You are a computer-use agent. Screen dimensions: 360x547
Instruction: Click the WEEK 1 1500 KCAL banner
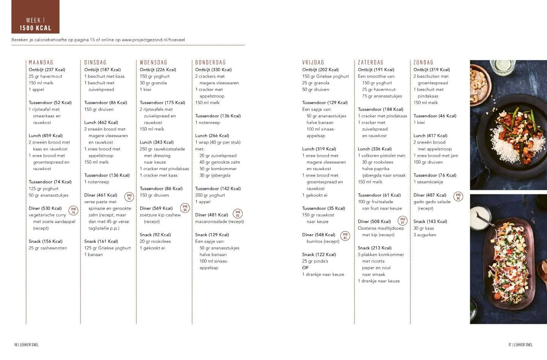point(35,17)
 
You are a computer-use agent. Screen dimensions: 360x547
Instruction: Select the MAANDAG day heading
point(41,63)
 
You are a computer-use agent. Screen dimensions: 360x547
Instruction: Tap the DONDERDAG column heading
point(210,63)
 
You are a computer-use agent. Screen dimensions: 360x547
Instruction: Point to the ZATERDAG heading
point(371,63)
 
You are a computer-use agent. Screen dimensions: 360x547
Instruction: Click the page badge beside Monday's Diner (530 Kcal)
point(73,210)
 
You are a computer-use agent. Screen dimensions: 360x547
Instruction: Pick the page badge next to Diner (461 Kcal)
point(129,197)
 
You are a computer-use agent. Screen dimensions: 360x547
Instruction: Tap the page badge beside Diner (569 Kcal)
point(185,208)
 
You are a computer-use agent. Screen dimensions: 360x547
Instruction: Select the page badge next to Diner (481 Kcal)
point(237,213)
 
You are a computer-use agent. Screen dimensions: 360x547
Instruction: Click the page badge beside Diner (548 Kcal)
point(345,236)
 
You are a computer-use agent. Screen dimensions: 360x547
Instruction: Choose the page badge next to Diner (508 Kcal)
point(402,221)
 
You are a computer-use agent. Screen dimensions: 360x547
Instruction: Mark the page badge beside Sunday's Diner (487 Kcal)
point(458,196)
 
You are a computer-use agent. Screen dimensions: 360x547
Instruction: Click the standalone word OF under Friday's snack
point(305,268)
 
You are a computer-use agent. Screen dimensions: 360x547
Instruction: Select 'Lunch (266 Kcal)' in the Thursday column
point(212,136)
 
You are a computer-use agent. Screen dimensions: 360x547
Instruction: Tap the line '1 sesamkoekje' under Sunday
point(428,182)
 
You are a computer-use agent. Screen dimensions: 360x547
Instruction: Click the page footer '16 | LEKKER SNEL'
point(27,345)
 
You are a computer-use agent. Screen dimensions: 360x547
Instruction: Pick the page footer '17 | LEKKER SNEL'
point(520,345)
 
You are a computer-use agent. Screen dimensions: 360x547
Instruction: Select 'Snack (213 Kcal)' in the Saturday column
point(375,248)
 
